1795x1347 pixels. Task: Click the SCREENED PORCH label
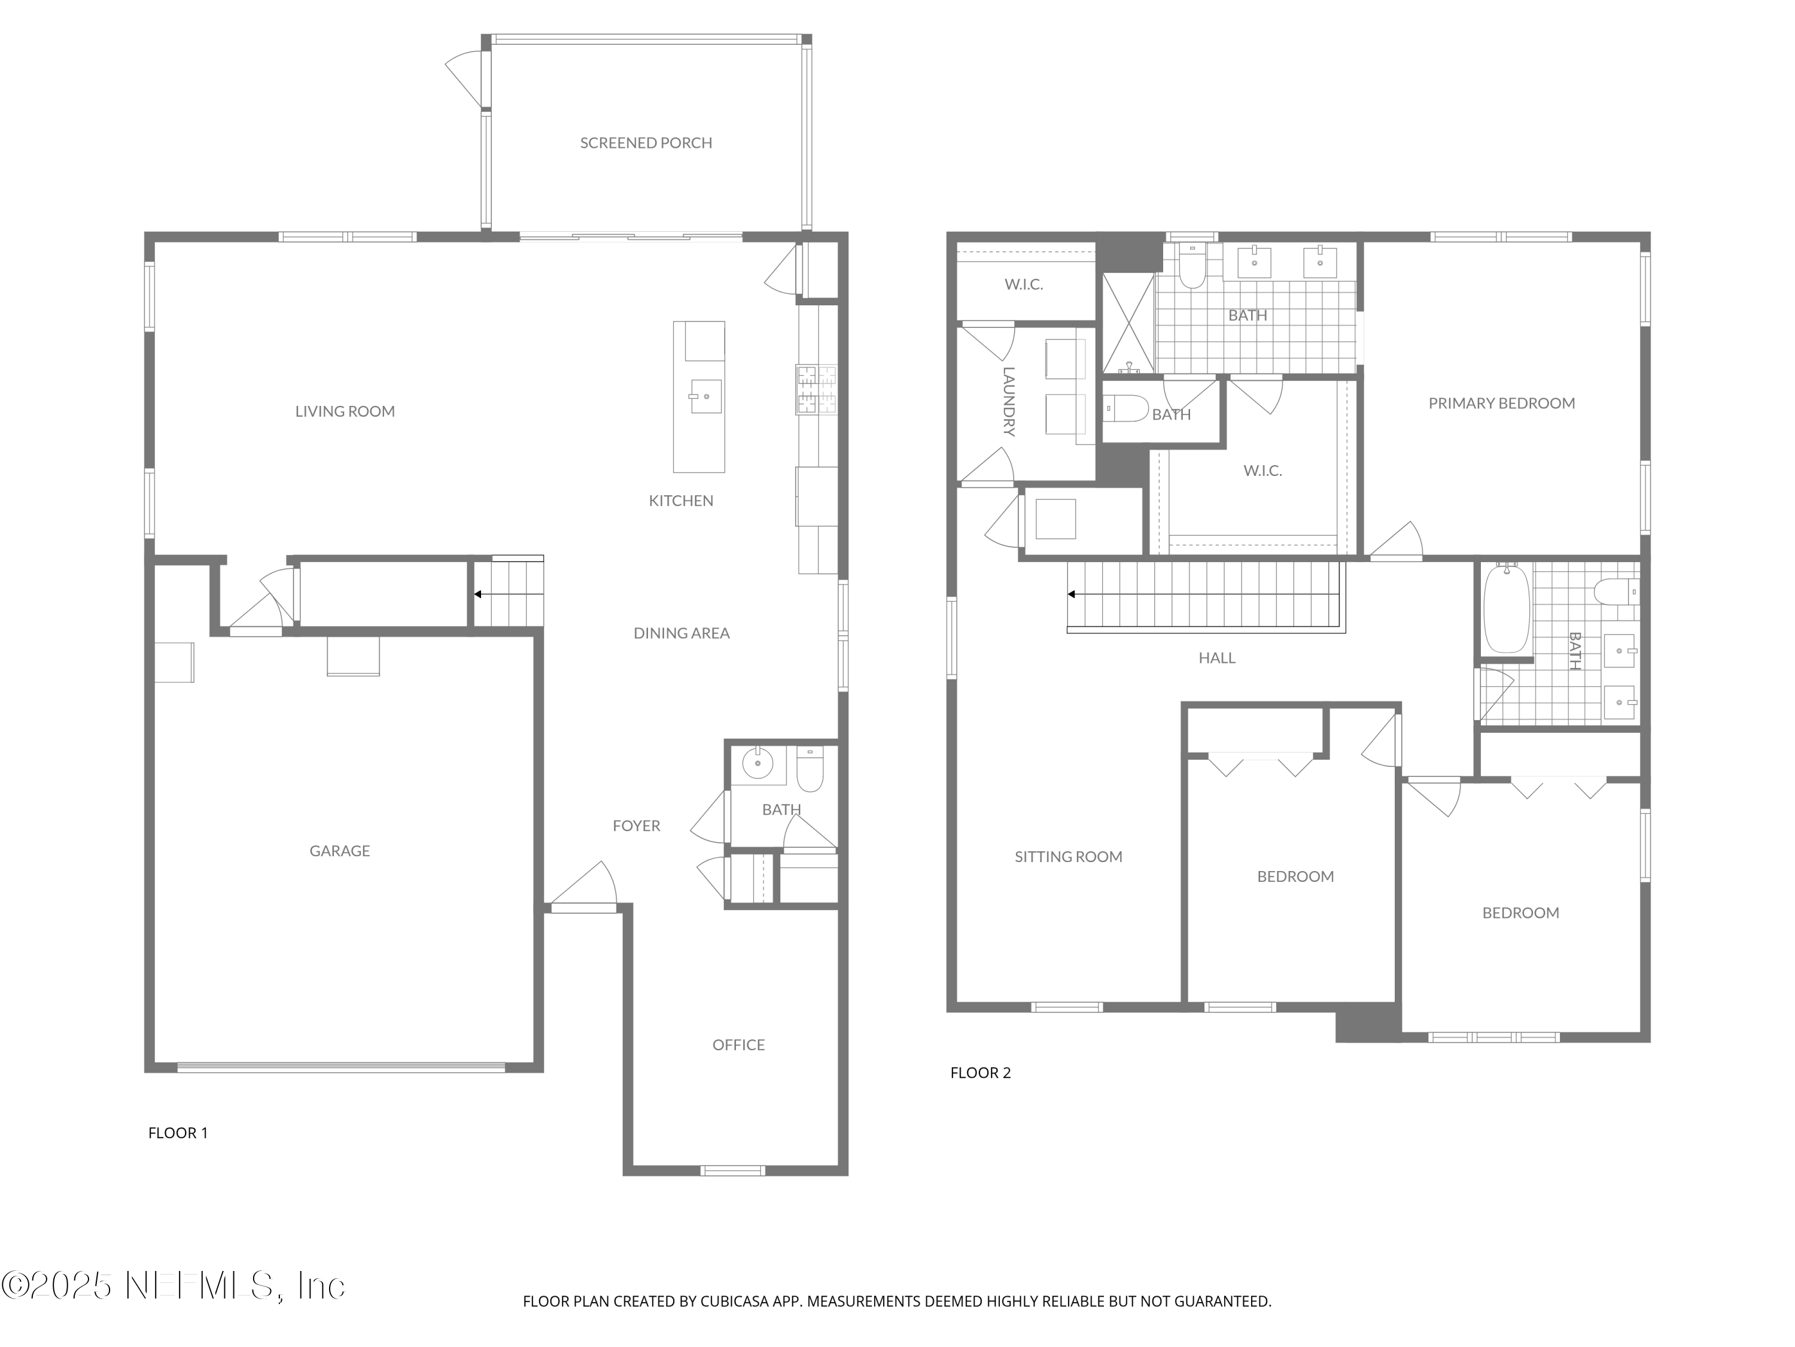(646, 143)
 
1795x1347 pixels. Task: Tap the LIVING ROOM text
(345, 412)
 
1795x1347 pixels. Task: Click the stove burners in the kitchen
(816, 390)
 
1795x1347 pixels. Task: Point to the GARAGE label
(339, 851)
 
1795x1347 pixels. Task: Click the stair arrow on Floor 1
(479, 594)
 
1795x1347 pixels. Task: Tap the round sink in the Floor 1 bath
(758, 763)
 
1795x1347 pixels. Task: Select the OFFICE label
(738, 1045)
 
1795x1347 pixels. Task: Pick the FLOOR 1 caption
(178, 1133)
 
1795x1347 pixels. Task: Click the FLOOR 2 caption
(980, 1073)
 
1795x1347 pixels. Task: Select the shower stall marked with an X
(1127, 323)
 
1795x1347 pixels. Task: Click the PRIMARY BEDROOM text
(1501, 404)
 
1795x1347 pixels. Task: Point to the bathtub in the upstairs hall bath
(1506, 609)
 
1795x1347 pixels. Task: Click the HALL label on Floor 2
(1216, 659)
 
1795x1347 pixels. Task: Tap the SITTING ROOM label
(1068, 857)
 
